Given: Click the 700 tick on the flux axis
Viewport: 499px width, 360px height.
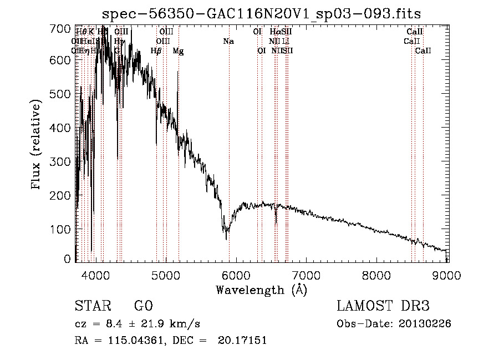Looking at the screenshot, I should (75, 28).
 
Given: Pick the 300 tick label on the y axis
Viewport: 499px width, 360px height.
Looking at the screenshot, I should (63, 162).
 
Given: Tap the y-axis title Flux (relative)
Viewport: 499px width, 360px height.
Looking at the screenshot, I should (37, 145).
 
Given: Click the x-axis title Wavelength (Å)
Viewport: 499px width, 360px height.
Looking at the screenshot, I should (261, 290).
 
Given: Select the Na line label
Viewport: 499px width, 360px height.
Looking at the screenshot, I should (228, 42).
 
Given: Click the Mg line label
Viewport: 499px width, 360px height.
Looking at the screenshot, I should (179, 51).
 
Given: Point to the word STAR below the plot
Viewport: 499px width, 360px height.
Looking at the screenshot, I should (93, 306).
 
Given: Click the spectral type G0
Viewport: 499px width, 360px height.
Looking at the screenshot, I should (143, 306).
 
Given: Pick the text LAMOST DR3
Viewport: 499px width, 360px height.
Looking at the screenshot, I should (383, 306).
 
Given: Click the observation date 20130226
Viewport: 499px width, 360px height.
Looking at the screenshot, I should (424, 324).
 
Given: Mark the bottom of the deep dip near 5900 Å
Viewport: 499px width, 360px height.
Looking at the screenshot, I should (227, 239).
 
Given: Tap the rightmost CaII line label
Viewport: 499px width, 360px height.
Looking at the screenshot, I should (423, 51).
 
